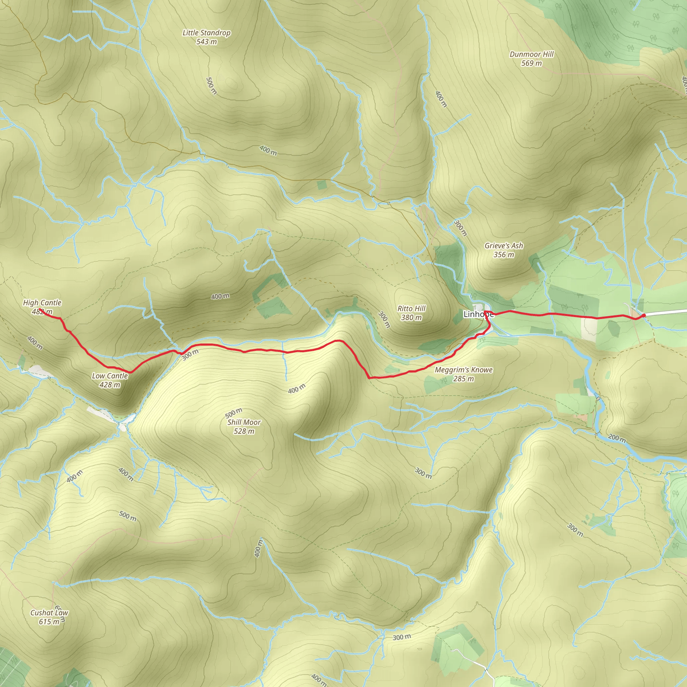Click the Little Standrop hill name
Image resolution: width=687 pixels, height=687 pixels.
(206, 33)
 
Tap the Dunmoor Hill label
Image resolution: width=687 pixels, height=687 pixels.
(532, 54)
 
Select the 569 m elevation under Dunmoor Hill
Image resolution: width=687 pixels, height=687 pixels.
(532, 63)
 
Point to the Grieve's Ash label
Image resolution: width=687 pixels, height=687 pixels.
(504, 245)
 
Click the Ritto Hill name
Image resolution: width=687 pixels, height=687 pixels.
(411, 308)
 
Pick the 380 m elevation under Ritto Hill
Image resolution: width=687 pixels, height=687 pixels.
(411, 318)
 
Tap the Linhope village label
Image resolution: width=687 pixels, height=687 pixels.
(478, 314)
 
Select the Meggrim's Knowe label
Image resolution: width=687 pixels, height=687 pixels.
(464, 370)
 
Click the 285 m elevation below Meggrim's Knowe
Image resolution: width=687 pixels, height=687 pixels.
(464, 379)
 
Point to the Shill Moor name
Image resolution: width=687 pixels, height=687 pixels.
(244, 422)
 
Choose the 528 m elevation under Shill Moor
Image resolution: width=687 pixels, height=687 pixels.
(244, 431)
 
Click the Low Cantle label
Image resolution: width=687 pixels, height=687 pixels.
(110, 376)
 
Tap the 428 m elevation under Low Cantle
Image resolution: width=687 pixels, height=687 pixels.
(110, 385)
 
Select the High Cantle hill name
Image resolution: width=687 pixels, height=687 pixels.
(42, 303)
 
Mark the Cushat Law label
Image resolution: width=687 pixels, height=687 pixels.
(49, 613)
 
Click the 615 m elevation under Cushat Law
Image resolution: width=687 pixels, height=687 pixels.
(49, 622)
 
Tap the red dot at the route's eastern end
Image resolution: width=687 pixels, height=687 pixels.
(644, 315)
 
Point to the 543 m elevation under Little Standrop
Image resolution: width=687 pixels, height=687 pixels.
(206, 42)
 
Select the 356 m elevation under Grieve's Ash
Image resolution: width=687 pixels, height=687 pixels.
(504, 255)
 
